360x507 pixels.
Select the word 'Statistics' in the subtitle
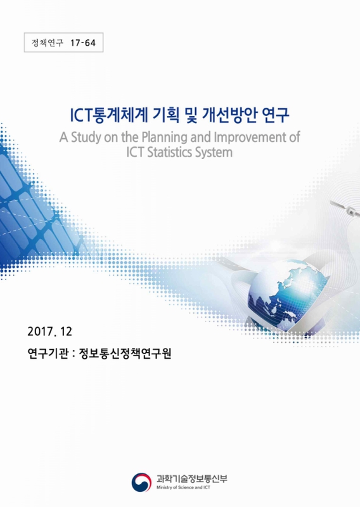(169, 153)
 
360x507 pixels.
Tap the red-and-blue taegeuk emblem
(142, 482)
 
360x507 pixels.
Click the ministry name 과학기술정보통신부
(191, 478)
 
